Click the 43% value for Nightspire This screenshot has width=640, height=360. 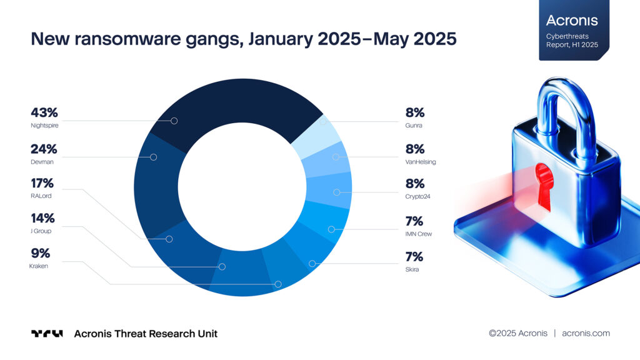point(44,113)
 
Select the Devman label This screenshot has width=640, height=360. point(42,162)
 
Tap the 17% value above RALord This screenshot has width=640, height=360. point(42,184)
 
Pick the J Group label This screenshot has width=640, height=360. point(41,231)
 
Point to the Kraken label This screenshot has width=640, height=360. point(39,266)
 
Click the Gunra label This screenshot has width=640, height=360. point(413,126)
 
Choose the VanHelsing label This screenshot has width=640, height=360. point(420,162)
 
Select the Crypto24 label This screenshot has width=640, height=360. point(418,196)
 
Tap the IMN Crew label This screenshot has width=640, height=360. point(418,234)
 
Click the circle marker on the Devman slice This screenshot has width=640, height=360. point(154,157)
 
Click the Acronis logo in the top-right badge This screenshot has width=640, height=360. point(572,21)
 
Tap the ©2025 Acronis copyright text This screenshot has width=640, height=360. point(518,333)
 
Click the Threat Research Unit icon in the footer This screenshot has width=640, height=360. point(47,334)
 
